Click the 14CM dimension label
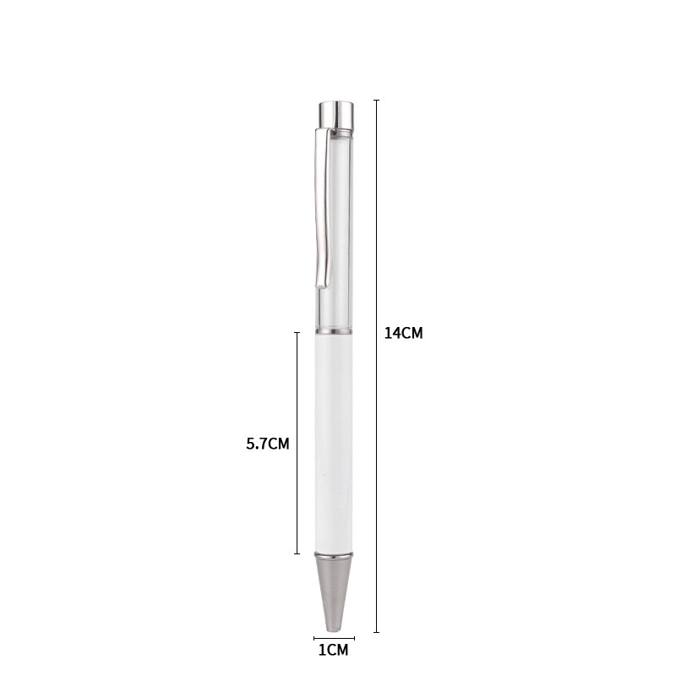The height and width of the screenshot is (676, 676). (404, 333)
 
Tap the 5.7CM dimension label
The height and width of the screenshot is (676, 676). (268, 444)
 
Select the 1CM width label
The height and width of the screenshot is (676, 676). (333, 650)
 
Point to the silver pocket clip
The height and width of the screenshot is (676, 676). (324, 207)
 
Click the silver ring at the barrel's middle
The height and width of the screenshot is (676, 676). (334, 331)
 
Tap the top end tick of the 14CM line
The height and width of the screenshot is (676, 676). (376, 100)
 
